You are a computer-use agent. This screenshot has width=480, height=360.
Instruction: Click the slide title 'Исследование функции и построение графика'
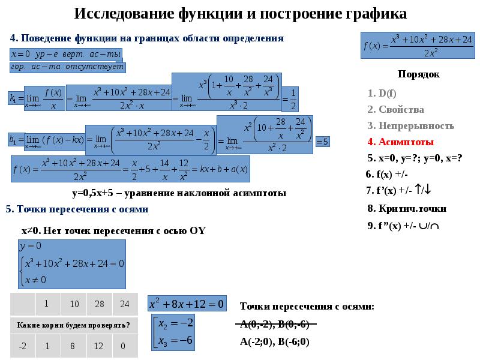[x=240, y=14]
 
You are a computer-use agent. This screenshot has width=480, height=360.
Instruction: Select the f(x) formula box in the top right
[x=418, y=46]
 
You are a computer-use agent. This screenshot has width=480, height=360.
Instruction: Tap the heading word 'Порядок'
[x=418, y=74]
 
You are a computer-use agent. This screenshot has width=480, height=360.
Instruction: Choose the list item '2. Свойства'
[x=395, y=109]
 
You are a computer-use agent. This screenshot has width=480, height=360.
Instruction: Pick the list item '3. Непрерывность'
[x=410, y=126]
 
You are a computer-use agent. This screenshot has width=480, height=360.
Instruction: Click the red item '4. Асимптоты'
[x=400, y=142]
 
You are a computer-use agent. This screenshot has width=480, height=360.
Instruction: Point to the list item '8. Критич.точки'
[x=406, y=208]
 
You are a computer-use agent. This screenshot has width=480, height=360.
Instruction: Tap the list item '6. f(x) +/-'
[x=386, y=175]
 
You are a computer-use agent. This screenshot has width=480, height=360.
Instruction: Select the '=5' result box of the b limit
[x=322, y=142]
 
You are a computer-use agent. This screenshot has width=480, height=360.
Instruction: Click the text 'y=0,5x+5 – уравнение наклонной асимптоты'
[x=179, y=193]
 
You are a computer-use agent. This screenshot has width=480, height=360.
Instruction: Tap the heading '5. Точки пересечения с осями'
[x=77, y=209]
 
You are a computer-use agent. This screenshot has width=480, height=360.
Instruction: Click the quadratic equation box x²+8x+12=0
[x=186, y=304]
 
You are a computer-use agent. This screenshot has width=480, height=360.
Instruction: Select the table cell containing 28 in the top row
[x=100, y=304]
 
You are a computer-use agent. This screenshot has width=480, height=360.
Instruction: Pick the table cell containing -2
[x=22, y=346]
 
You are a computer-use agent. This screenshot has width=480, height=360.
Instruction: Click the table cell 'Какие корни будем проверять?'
[x=74, y=325]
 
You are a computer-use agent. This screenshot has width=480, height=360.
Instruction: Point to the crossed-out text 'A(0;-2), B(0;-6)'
[x=274, y=325]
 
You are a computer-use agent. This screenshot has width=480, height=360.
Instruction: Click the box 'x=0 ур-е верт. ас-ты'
[x=62, y=54]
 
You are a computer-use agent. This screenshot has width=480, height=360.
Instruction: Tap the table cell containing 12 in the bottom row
[x=99, y=346]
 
